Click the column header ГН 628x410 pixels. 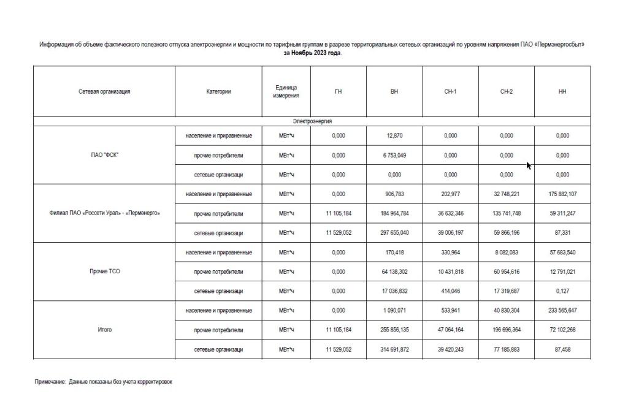click(x=338, y=91)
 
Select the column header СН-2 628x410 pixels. click(x=507, y=91)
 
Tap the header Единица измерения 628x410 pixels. click(x=286, y=91)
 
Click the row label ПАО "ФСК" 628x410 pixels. click(x=104, y=155)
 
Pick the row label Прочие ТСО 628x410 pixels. click(x=104, y=271)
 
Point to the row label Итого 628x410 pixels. click(x=104, y=330)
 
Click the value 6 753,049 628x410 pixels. click(x=394, y=155)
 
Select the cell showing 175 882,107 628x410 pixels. click(x=562, y=194)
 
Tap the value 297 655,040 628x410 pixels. click(x=394, y=233)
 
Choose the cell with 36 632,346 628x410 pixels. click(x=450, y=213)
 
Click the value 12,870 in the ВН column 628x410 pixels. click(x=394, y=136)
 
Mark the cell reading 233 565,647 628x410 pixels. click(x=562, y=311)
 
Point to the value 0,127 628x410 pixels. click(x=562, y=291)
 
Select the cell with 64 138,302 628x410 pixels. click(x=394, y=271)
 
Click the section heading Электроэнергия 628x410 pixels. click(x=312, y=122)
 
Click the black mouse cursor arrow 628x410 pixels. click(x=529, y=165)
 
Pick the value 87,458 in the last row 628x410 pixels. click(x=562, y=349)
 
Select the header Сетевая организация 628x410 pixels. click(x=104, y=91)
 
